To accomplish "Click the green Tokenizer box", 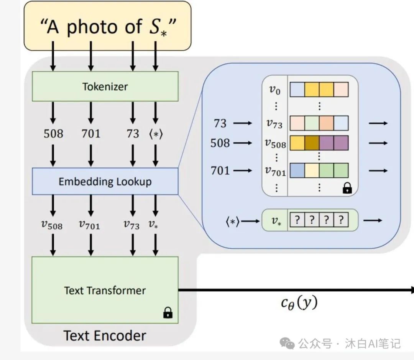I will pyautogui.click(x=105, y=86).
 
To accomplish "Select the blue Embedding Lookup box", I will pyautogui.click(x=105, y=181).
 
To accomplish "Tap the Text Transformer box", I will pyautogui.click(x=105, y=290).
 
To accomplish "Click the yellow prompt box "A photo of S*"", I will pyautogui.click(x=107, y=26).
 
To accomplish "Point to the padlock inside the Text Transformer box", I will pyautogui.click(x=168, y=312).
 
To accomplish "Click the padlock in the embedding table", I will pyautogui.click(x=347, y=188).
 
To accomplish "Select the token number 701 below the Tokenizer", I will pyautogui.click(x=91, y=134).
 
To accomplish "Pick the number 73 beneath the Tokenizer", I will pyautogui.click(x=133, y=134).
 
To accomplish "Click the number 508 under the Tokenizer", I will pyautogui.click(x=53, y=134).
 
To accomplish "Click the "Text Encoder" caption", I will pyautogui.click(x=105, y=336).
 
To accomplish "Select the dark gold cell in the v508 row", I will pyautogui.click(x=312, y=143).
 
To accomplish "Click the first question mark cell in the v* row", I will pyautogui.click(x=297, y=220).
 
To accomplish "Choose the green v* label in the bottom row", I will pyautogui.click(x=275, y=221).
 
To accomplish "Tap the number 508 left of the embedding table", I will pyautogui.click(x=220, y=143).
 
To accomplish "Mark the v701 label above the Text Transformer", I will pyautogui.click(x=89, y=225).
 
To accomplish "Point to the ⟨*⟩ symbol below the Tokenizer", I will pyautogui.click(x=155, y=134).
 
